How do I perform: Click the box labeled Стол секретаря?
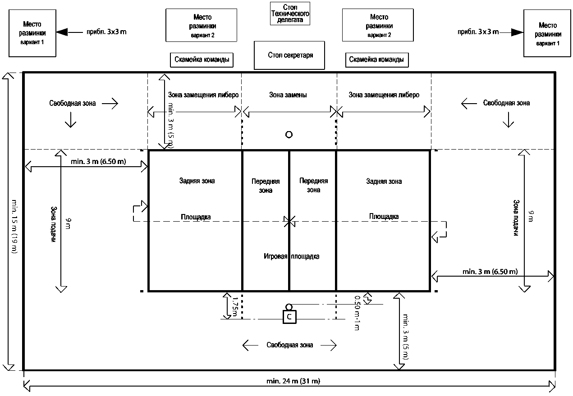(x=289, y=55)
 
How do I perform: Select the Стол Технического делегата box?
(x=290, y=14)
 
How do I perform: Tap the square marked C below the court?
(x=289, y=317)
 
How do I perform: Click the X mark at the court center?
(x=289, y=221)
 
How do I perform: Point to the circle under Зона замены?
(x=289, y=134)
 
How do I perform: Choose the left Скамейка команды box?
(x=202, y=59)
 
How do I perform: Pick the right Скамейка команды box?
(x=376, y=59)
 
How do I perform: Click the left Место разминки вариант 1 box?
(x=32, y=34)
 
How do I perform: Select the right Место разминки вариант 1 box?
(x=547, y=34)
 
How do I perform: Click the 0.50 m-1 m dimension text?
(x=357, y=313)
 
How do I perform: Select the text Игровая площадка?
(x=291, y=256)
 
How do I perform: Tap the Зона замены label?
(x=288, y=95)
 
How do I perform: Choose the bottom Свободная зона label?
(x=289, y=345)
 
